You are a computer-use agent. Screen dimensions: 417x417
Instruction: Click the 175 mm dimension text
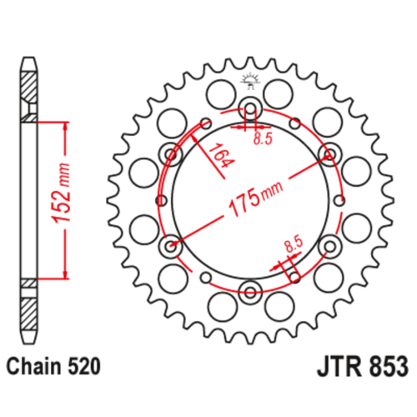pyautogui.click(x=255, y=198)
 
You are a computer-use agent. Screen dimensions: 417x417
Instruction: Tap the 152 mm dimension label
pyautogui.click(x=60, y=193)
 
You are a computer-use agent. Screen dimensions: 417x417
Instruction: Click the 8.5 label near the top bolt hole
pyautogui.click(x=263, y=138)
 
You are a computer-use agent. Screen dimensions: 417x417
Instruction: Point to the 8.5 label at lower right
pyautogui.click(x=294, y=244)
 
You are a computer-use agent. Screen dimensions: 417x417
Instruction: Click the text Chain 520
pyautogui.click(x=53, y=366)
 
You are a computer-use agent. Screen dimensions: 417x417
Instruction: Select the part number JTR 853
pyautogui.click(x=363, y=366)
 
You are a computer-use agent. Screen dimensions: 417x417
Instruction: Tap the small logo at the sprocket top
pyautogui.click(x=250, y=81)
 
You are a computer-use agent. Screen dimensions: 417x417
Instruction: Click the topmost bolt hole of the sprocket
pyautogui.click(x=250, y=108)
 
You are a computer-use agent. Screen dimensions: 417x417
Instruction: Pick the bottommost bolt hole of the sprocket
pyautogui.click(x=250, y=292)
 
